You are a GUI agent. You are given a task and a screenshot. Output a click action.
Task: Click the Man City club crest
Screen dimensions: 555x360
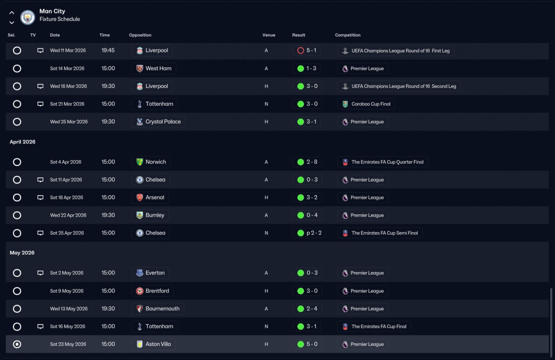tap(27, 17)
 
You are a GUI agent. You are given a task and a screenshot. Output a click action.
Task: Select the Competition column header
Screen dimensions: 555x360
tap(348, 35)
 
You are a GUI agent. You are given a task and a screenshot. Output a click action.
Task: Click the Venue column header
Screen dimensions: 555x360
tap(268, 35)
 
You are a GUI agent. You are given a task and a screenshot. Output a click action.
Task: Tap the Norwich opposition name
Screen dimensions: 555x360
tap(156, 162)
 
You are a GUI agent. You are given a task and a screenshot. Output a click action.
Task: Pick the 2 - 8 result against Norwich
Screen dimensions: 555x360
tap(312, 162)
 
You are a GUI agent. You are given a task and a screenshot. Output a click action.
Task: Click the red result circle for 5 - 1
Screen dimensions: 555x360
tap(300, 51)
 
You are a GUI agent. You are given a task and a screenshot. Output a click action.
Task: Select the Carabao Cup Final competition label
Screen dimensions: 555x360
tap(371, 104)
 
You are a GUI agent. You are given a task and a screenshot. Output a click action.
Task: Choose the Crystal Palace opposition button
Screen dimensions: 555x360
tap(158, 122)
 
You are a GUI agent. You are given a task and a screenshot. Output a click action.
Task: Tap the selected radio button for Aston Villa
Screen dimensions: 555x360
tap(17, 344)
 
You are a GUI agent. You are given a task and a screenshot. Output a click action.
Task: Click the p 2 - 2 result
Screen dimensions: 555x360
tap(314, 233)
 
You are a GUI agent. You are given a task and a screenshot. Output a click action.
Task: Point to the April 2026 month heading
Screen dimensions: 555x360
tap(23, 142)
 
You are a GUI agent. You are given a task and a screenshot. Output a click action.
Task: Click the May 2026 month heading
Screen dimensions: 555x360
tap(22, 252)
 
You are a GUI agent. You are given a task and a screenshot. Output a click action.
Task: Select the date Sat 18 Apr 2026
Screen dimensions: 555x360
tap(66, 197)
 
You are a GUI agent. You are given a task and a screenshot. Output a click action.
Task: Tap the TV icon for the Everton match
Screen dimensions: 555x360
tap(40, 273)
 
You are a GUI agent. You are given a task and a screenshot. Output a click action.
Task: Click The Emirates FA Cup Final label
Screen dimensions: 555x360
tap(379, 327)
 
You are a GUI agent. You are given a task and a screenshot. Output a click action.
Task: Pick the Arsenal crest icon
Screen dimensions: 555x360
tap(140, 198)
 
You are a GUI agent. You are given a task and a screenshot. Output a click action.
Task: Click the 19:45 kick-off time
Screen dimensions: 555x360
tap(108, 50)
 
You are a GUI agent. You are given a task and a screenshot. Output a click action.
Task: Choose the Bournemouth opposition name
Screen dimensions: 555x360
tap(162, 309)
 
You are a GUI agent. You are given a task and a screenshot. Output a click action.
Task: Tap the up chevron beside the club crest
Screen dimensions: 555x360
tap(12, 13)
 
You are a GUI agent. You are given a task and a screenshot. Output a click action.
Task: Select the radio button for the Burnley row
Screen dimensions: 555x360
tap(17, 215)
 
